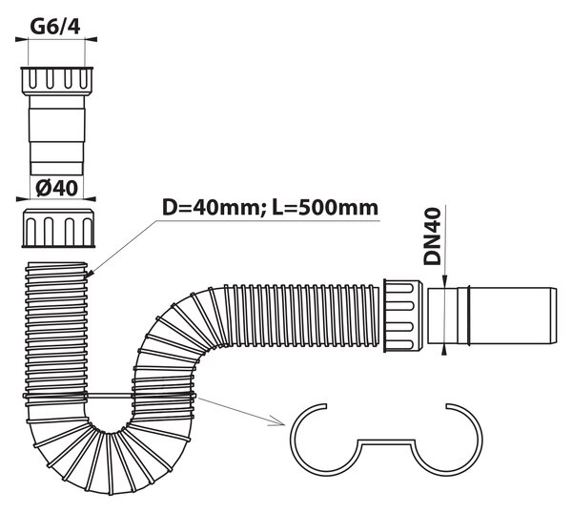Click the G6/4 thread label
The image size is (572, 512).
pos(55,27)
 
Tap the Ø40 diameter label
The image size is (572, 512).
pos(56,188)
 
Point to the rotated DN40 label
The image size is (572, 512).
pos(432,236)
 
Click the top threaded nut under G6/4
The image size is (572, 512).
pos(56,81)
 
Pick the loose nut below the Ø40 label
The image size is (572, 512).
pos(59,229)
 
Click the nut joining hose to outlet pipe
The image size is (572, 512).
pos(402,316)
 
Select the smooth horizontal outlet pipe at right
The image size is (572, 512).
pos(492,316)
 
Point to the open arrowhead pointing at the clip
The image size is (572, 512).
pos(278,421)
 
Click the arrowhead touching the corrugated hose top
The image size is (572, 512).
pos(90,275)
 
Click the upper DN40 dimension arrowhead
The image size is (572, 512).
pos(444,282)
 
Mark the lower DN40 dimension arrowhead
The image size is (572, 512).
pos(444,350)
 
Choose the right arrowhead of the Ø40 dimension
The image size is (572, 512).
pos(90,199)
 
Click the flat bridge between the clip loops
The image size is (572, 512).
pos(386,441)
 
